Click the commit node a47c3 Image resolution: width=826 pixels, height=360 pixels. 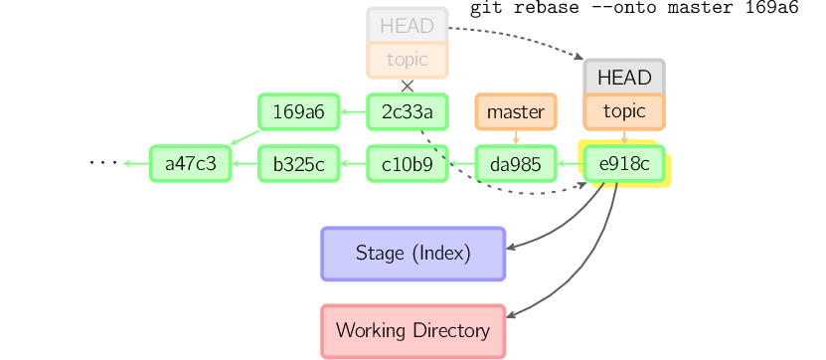(x=190, y=164)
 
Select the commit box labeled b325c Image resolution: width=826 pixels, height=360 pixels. (x=298, y=164)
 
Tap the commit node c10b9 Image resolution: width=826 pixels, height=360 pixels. (x=407, y=164)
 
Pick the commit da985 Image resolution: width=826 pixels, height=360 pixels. (x=515, y=164)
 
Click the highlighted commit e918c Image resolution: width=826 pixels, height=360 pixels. (x=623, y=164)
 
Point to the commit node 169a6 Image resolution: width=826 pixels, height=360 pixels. (x=298, y=111)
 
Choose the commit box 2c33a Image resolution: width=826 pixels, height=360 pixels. (x=407, y=111)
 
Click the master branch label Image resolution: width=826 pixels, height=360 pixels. (x=515, y=111)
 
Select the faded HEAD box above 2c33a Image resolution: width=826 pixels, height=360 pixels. (x=407, y=26)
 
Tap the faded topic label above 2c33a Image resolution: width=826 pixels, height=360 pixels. (x=407, y=60)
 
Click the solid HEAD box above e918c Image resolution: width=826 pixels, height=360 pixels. (x=623, y=78)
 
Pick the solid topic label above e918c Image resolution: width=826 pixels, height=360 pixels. (x=623, y=111)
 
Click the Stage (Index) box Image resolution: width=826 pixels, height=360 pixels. (x=413, y=253)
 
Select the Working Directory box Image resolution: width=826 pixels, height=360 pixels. (x=413, y=330)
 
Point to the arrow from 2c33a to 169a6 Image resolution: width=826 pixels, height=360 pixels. (x=353, y=111)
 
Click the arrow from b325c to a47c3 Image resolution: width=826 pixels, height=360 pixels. (x=245, y=164)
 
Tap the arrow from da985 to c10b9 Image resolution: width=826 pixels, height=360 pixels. (x=461, y=164)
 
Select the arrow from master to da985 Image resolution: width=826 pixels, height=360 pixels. (x=515, y=137)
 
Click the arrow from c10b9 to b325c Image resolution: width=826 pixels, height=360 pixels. (x=353, y=164)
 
